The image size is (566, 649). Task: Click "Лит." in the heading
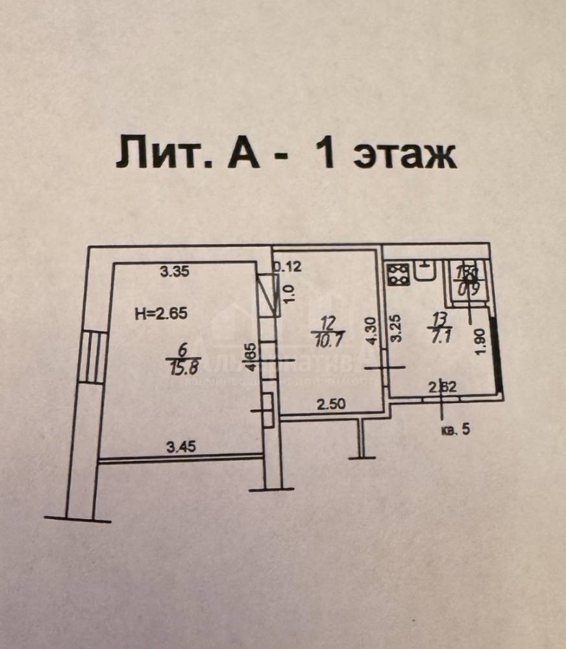(x=153, y=155)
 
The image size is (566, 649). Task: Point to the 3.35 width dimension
(x=175, y=273)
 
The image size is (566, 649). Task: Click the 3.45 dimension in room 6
(x=181, y=447)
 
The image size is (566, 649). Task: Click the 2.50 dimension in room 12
(x=331, y=404)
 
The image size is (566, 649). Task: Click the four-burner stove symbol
(x=397, y=275)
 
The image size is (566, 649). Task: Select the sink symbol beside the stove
(x=424, y=271)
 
